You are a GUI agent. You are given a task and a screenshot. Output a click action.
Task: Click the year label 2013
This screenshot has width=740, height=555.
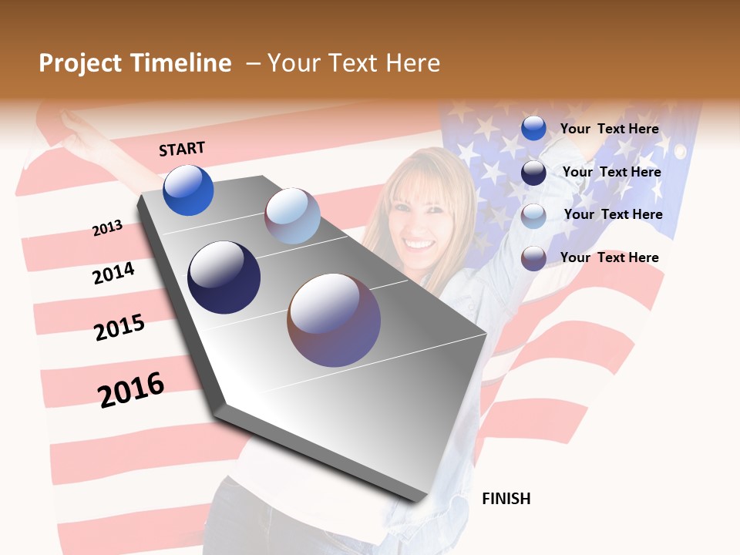(107, 228)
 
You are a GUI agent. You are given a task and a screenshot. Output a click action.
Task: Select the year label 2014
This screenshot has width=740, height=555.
(114, 274)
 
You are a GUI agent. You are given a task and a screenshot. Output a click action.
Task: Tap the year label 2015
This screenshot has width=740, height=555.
(119, 328)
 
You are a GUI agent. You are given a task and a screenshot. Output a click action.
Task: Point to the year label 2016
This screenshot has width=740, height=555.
(131, 389)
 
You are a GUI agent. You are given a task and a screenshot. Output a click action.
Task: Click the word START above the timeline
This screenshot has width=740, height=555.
(182, 149)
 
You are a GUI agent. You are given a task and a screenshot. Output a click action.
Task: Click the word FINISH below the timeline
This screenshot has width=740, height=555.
(506, 499)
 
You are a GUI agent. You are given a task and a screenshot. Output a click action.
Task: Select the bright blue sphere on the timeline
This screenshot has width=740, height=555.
(188, 190)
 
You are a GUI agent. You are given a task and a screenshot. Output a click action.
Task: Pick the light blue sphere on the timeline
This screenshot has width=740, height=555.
(292, 216)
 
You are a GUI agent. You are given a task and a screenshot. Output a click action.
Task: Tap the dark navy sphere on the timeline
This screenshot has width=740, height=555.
(224, 277)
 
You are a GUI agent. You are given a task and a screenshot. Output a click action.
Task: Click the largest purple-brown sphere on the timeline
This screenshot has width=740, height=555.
(334, 320)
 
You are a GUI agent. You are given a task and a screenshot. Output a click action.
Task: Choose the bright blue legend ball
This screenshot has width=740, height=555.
(533, 129)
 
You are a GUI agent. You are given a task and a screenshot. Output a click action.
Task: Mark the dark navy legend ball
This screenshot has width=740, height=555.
(533, 172)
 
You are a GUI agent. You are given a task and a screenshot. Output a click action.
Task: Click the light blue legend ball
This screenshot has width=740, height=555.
(533, 215)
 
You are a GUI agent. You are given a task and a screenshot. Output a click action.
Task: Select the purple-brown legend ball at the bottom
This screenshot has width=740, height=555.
(533, 257)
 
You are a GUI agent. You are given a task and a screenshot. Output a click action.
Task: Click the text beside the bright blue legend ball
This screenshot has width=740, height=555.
(609, 129)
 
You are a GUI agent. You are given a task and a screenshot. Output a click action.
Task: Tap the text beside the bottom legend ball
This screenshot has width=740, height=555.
(609, 257)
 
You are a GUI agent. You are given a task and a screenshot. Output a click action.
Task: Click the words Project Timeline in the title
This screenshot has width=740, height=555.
(135, 63)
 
